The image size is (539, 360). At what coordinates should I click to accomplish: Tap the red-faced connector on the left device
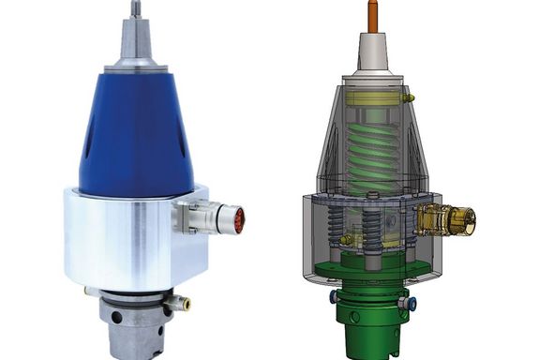pos(238,219)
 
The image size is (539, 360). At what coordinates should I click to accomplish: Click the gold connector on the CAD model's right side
pos(450,221)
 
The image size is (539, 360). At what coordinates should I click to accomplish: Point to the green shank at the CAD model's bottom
pos(371,323)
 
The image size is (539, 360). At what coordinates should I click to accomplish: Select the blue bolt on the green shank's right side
pos(407,303)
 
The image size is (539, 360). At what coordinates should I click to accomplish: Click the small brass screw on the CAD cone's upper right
pos(408,97)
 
